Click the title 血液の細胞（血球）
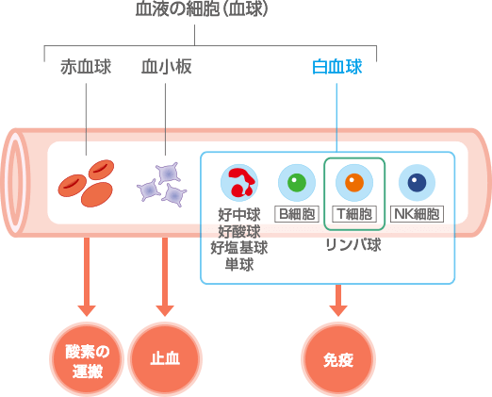(x=202, y=8)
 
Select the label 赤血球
(x=86, y=66)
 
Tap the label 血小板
(x=166, y=66)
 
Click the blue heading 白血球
(x=337, y=66)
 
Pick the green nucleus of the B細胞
(x=297, y=182)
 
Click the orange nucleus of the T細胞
(x=354, y=182)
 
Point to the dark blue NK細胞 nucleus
(x=417, y=182)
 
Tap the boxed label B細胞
(x=297, y=214)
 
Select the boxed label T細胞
(x=354, y=214)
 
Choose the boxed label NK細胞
(x=417, y=214)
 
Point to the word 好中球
(x=239, y=215)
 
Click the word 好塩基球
(x=239, y=248)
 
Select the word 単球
(x=239, y=264)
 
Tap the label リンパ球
(x=353, y=244)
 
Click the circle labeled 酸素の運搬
(x=87, y=359)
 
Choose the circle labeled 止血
(x=165, y=359)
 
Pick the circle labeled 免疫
(x=338, y=359)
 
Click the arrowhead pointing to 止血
(x=165, y=310)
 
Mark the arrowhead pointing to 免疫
(x=338, y=310)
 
